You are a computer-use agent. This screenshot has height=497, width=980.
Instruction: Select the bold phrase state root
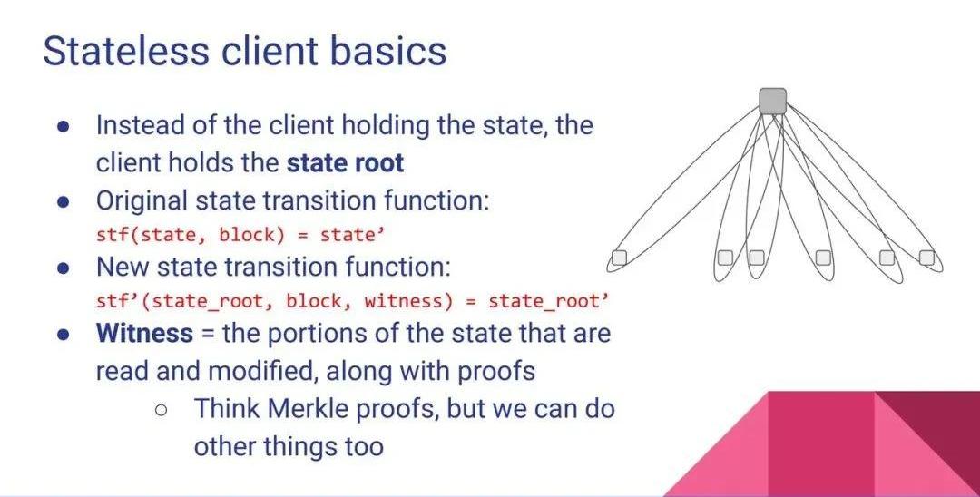click(x=346, y=163)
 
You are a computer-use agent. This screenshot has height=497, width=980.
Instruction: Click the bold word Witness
click(x=144, y=333)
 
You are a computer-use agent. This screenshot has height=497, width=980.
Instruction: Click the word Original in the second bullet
click(x=142, y=201)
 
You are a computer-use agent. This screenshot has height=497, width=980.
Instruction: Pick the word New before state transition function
click(x=122, y=268)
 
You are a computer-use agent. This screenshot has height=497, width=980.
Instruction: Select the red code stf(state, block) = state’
click(x=240, y=235)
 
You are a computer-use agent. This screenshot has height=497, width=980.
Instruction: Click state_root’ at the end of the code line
click(x=548, y=302)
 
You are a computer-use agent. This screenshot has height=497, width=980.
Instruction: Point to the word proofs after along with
click(x=496, y=372)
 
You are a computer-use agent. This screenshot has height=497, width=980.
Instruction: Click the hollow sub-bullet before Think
click(x=162, y=410)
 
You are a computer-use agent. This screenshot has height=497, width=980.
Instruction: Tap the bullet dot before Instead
click(x=64, y=126)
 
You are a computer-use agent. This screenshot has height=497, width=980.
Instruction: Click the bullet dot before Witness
click(x=64, y=334)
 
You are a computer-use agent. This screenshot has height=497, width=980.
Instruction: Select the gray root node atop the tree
click(x=772, y=102)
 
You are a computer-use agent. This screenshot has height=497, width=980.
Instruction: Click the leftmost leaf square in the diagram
click(x=619, y=258)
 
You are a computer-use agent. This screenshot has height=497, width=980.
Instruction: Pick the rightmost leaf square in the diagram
click(x=926, y=257)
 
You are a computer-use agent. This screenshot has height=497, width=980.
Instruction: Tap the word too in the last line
click(x=364, y=447)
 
